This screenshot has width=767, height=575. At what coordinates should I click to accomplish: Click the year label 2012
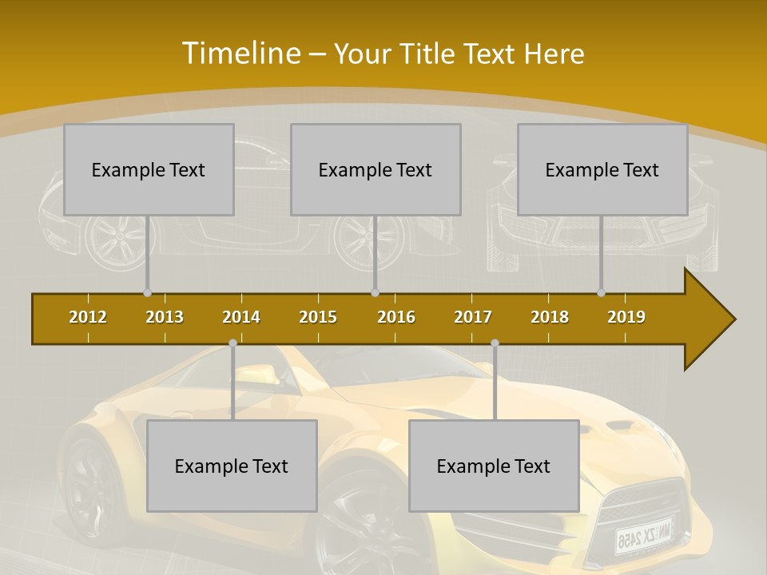point(88,317)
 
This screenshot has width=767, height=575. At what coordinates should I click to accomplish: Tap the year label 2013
point(165,317)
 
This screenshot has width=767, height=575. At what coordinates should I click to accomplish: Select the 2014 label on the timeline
point(241,317)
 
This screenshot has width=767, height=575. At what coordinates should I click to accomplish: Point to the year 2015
point(318,317)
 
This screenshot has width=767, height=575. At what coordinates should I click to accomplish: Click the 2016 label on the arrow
point(396,317)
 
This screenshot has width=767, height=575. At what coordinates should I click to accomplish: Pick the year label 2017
point(473,317)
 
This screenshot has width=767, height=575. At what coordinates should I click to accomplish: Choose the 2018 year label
point(550,317)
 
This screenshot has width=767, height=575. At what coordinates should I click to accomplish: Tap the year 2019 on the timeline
point(626,317)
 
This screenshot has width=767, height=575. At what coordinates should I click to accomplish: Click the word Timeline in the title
point(240,54)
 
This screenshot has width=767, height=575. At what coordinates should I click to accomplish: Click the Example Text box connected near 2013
point(149,169)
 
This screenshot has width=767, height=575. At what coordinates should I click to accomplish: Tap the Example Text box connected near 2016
point(376,169)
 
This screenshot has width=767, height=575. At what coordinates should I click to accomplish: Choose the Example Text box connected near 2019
point(602,169)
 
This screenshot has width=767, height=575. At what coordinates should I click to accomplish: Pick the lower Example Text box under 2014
point(232,466)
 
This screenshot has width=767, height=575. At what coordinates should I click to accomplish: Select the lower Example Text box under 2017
point(494,466)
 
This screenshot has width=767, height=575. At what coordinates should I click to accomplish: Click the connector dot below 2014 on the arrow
point(232,343)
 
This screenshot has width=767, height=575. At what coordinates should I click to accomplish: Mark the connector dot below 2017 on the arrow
point(495,343)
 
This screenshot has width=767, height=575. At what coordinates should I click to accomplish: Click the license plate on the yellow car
point(643,537)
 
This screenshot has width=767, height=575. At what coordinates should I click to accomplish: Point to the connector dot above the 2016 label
point(375,293)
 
